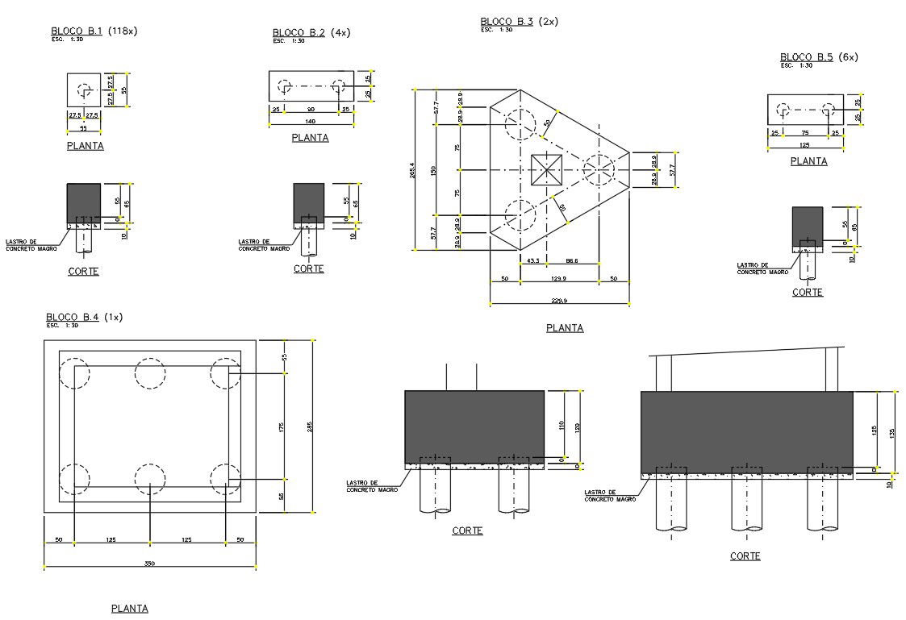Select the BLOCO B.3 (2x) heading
tap(519, 22)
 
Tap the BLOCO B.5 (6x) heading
tap(818, 57)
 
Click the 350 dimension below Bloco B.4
tap(149, 564)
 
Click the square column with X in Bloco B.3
tap(546, 170)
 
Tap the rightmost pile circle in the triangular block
tap(599, 170)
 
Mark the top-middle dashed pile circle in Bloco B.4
tap(150, 374)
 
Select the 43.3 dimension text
tap(532, 260)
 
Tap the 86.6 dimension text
tap(593, 260)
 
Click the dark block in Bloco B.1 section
tap(83, 202)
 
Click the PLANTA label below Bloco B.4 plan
tap(129, 609)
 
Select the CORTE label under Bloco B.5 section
tap(807, 293)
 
